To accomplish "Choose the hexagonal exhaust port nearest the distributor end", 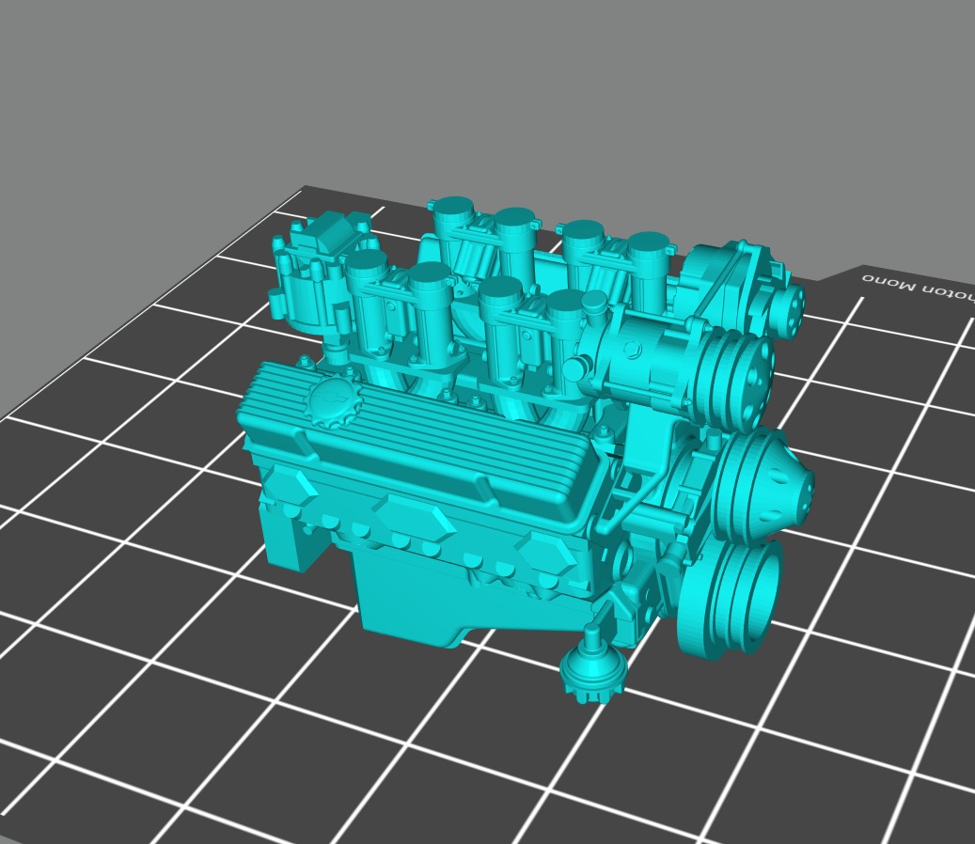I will tap(291, 486).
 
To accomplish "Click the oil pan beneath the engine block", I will tap(423, 602).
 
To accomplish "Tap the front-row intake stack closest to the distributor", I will tap(367, 282).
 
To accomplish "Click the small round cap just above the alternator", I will tap(593, 303).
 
